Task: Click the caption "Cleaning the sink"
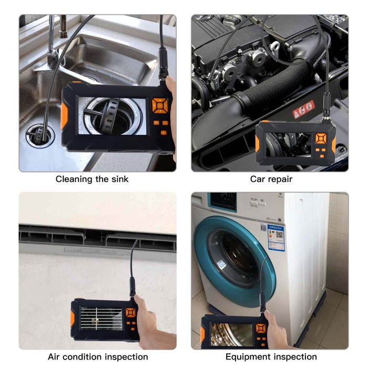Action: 92,179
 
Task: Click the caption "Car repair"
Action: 271,179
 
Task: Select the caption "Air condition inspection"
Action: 98,357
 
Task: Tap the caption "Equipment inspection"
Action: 271,357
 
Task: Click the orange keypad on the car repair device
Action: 320,139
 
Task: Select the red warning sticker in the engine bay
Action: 303,109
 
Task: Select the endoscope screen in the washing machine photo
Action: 230,333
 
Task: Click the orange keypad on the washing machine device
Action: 260,329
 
